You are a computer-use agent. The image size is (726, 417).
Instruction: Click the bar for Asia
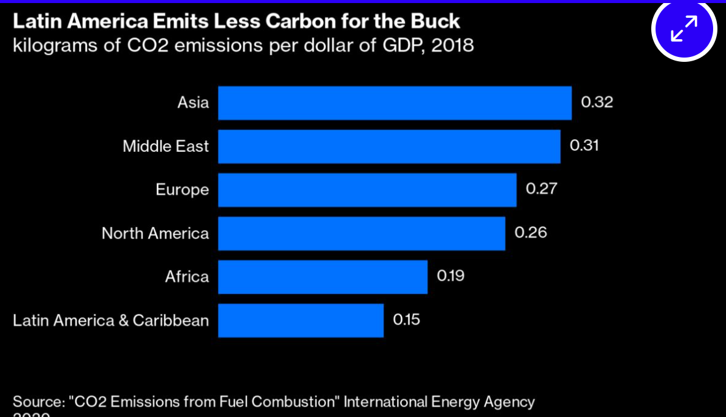coord(395,103)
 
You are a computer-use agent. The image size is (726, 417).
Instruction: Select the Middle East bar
coord(389,146)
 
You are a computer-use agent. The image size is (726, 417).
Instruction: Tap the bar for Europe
coord(367,190)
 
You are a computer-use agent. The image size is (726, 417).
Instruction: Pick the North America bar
coord(361,233)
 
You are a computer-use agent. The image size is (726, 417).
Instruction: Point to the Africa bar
coord(322,277)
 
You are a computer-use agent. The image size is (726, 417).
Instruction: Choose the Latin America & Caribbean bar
coord(301,320)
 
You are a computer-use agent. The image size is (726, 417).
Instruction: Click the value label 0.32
coord(597,102)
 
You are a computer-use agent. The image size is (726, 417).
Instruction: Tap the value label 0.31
coord(584,146)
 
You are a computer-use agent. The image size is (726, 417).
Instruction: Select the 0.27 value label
coord(542,188)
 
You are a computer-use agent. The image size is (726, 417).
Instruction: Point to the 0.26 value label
coord(531,233)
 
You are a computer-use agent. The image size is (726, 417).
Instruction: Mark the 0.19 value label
coord(450,276)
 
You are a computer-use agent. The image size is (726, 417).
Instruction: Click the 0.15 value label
coord(406,320)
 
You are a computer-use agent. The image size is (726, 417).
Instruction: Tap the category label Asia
coord(193,103)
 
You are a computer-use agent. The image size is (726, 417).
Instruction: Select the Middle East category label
coord(165,146)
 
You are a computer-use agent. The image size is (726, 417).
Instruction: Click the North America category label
coord(155,233)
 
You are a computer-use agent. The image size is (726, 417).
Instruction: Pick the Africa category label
coord(187,277)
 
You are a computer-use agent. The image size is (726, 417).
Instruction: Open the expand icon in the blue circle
coord(684,29)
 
